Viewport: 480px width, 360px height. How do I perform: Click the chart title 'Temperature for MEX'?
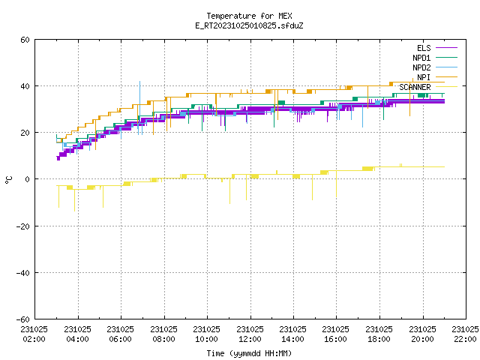[249, 16]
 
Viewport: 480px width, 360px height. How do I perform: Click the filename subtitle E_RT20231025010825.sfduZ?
[249, 25]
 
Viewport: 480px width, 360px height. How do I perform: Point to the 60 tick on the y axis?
[25, 40]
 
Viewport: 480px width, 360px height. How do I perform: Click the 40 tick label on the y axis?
[25, 86]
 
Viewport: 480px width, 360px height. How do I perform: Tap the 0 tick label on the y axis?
[28, 179]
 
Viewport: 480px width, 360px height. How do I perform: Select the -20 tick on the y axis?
[23, 226]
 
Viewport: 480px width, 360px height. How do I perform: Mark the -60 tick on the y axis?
[23, 319]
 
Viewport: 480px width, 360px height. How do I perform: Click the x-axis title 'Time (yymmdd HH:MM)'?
[249, 353]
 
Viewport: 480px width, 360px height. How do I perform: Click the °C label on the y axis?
[8, 180]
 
